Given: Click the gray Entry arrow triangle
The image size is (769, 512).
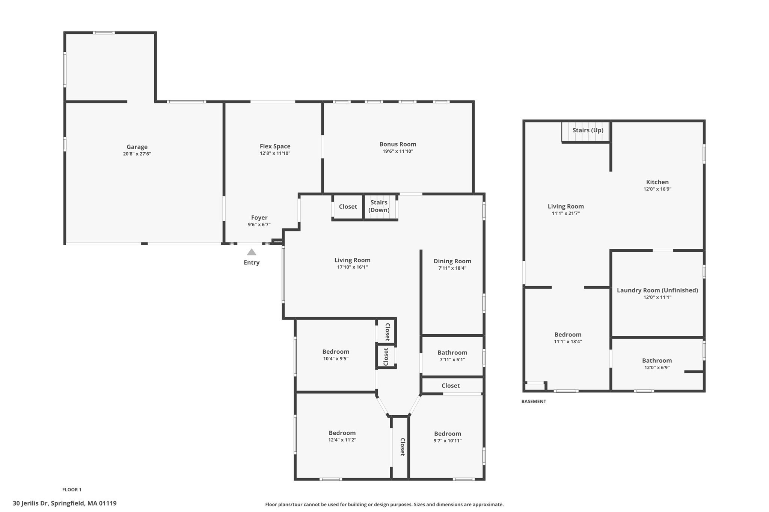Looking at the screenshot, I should coord(252,252).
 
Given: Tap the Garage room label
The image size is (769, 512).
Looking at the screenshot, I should coord(137,147).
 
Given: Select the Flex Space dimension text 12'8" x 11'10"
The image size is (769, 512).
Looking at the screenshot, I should coord(275,153).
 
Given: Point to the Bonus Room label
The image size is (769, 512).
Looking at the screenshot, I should coord(398,144).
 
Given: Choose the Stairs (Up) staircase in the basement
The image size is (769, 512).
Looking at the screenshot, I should coord(586,131).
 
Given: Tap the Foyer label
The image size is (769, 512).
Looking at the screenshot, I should coord(259,218).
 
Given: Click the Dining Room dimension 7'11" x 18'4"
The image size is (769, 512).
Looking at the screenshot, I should coord(452,268).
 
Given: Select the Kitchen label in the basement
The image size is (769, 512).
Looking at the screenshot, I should coord(657,182).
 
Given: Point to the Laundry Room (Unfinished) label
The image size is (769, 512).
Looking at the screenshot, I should coord(657,290).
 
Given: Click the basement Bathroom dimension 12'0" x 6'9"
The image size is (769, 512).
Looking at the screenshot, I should coord(657,368).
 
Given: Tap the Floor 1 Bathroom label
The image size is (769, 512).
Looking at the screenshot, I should coord(452,353).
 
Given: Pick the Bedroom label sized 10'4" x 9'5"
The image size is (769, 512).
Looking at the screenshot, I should coord(336,352).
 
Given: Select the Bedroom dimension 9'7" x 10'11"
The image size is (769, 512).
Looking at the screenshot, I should coord(448,441).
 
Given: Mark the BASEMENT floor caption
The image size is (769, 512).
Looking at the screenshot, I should coord(534,402).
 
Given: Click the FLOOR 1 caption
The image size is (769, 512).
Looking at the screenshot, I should coord(72,489).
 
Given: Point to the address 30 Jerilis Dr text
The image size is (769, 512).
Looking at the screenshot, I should coord(65,503).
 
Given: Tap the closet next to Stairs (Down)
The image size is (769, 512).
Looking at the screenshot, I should coord(348,207).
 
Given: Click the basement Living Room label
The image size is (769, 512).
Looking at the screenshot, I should coord(565,207).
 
